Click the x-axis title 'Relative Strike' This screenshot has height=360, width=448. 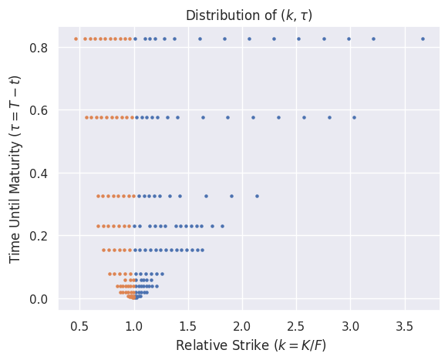(x=251, y=345)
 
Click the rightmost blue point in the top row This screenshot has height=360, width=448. (x=423, y=39)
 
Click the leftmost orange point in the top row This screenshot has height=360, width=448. (x=76, y=39)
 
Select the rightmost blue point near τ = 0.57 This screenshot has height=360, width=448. (x=354, y=117)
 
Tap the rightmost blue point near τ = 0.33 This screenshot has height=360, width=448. (x=257, y=196)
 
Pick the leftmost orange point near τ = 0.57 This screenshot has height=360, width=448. (x=86, y=117)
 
